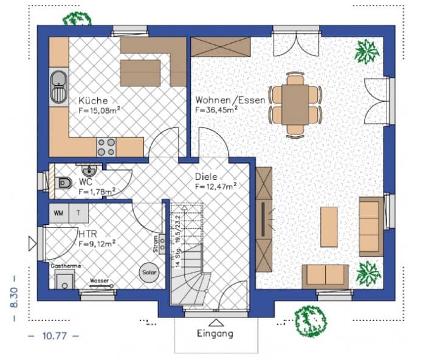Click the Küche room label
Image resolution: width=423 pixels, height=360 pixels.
click(x=93, y=100)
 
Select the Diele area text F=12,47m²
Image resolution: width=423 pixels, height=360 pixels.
click(x=216, y=187)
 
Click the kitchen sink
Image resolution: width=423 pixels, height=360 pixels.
click(x=58, y=86)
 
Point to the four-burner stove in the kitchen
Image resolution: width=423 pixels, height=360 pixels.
click(x=106, y=146)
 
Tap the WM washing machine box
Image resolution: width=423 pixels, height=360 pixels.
click(x=59, y=213)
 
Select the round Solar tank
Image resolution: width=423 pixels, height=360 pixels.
click(x=149, y=272)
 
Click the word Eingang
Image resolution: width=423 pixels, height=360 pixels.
click(x=215, y=333)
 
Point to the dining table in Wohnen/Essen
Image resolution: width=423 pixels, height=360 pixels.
click(x=295, y=104)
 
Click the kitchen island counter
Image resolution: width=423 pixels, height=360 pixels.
click(x=140, y=73)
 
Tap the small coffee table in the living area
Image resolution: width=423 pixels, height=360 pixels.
click(x=329, y=227)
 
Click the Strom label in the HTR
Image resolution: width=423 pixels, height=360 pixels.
click(x=156, y=244)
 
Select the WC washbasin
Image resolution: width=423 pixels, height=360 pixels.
click(x=86, y=168)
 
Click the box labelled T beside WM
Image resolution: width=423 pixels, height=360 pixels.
click(x=78, y=213)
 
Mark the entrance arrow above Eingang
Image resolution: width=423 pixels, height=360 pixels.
click(x=214, y=322)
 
